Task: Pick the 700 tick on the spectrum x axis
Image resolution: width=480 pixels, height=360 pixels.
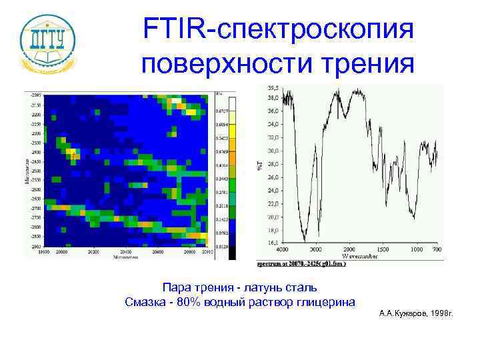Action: [436, 249]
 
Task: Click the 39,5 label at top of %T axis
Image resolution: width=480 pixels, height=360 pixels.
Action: [273, 87]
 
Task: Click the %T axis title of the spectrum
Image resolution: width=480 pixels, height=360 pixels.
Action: [259, 163]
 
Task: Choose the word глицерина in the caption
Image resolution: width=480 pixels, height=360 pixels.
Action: [324, 302]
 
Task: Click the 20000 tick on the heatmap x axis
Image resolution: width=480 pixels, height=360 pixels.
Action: [62, 253]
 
